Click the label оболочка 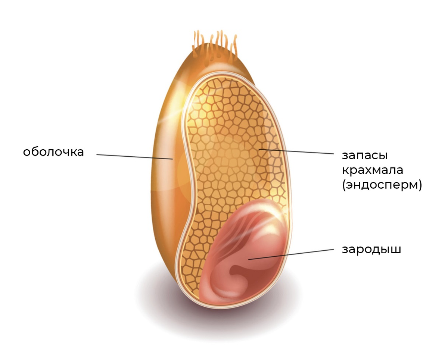tap(53, 152)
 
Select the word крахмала tap(372, 170)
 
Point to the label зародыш tap(371, 249)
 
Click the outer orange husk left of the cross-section tap(164, 187)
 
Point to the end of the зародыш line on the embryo tap(249, 259)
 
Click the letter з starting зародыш tap(345, 250)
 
